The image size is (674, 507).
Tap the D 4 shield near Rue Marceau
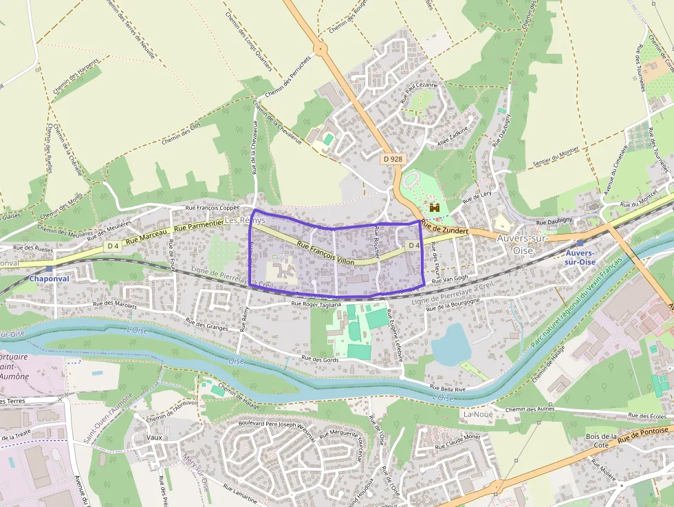pyautogui.click(x=113, y=245)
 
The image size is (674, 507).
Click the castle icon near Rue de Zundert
pyautogui.click(x=435, y=206)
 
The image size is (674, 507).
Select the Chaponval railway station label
pyautogui.click(x=49, y=279)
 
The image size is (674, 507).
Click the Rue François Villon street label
pyautogui.click(x=326, y=253)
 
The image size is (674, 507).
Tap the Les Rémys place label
pyautogui.click(x=246, y=220)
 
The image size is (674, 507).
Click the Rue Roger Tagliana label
pyautogui.click(x=316, y=303)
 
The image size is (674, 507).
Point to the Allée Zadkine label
pyautogui.click(x=452, y=136)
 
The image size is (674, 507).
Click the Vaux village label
pyautogui.click(x=155, y=437)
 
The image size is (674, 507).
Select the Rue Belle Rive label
pyautogui.click(x=448, y=389)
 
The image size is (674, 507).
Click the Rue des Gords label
pyautogui.click(x=320, y=359)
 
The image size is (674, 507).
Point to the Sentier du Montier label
pyautogui.click(x=556, y=160)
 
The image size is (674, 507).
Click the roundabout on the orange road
pyautogui.click(x=320, y=48)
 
